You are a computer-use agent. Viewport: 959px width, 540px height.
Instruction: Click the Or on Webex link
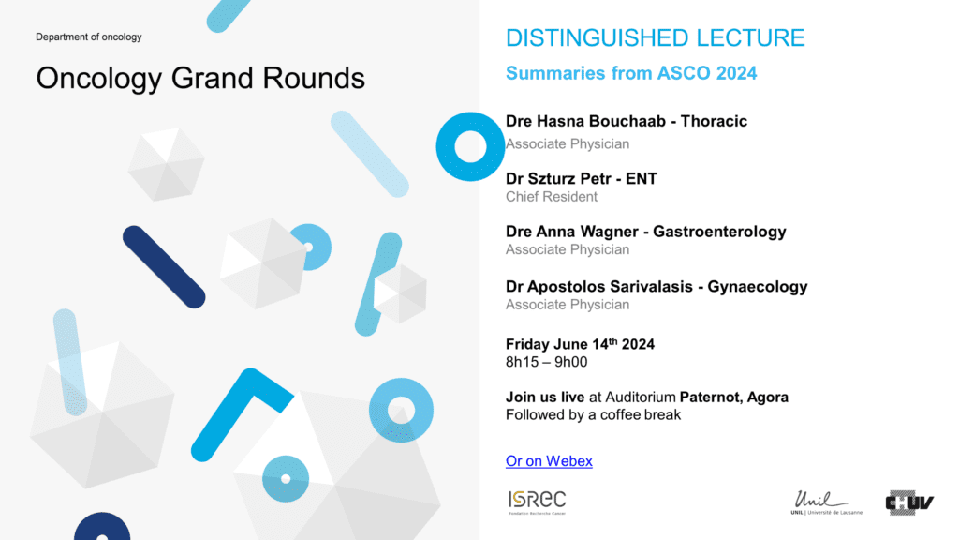click(x=549, y=461)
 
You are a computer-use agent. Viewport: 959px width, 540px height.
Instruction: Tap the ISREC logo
click(x=537, y=502)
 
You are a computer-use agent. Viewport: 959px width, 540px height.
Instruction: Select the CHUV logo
click(x=909, y=502)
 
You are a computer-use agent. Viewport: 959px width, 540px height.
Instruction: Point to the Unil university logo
click(x=826, y=502)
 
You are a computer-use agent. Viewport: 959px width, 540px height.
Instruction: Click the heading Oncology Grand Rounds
click(x=200, y=79)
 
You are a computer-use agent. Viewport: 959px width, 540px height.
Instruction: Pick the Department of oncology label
click(x=89, y=37)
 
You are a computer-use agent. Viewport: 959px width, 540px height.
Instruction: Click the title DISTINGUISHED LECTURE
click(x=655, y=37)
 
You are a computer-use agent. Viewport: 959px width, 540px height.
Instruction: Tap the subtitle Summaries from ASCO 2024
click(x=631, y=73)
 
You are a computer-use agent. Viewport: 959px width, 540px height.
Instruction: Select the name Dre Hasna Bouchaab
click(x=585, y=121)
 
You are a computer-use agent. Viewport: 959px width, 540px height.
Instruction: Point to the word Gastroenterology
click(x=719, y=232)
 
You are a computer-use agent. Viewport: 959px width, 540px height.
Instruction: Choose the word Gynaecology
click(x=757, y=287)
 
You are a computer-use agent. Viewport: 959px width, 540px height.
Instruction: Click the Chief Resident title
click(x=551, y=197)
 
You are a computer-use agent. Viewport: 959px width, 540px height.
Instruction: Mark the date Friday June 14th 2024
click(x=580, y=343)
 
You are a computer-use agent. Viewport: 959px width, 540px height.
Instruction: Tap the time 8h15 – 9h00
click(x=546, y=362)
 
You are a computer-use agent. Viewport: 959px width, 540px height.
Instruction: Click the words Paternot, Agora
click(x=734, y=397)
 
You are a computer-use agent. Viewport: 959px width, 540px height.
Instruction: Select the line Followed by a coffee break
click(x=593, y=415)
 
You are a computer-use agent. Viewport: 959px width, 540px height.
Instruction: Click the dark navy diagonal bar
click(x=164, y=267)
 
